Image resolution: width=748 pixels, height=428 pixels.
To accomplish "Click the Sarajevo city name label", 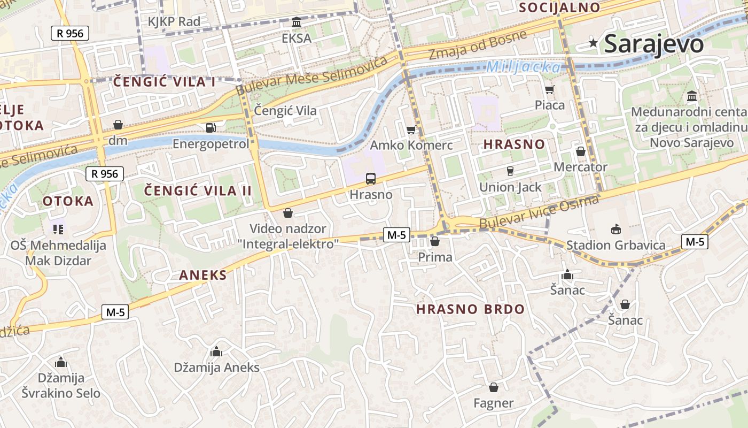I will click(x=653, y=44).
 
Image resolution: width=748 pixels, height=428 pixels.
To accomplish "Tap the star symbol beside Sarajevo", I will click(x=593, y=43).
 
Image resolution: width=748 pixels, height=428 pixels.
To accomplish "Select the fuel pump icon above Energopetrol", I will click(x=211, y=128).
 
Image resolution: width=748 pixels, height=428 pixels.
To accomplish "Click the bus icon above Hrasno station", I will click(x=370, y=179).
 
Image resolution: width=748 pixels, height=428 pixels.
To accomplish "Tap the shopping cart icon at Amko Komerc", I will click(x=411, y=129).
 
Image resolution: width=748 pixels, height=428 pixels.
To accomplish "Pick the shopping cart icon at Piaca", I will click(x=549, y=89).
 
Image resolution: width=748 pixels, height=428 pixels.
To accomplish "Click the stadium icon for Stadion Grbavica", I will click(x=615, y=230).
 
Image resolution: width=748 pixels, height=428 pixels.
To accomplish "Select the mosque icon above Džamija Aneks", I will click(x=216, y=351).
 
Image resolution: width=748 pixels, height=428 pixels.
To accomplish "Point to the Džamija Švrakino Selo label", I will click(x=61, y=386).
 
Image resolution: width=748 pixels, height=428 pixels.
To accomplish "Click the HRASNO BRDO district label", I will click(x=470, y=309).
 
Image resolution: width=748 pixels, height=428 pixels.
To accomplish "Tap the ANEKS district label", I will click(x=203, y=276).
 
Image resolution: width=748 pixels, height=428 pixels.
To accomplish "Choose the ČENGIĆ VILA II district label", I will click(x=198, y=191).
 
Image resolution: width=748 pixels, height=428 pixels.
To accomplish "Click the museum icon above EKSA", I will click(x=297, y=22).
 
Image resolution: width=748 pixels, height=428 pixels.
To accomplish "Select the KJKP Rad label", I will click(x=174, y=22).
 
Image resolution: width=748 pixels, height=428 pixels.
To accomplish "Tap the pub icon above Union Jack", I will click(x=510, y=171).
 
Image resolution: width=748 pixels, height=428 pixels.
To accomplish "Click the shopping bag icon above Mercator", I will click(x=580, y=151).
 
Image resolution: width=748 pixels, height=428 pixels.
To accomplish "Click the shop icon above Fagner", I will click(x=494, y=387).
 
